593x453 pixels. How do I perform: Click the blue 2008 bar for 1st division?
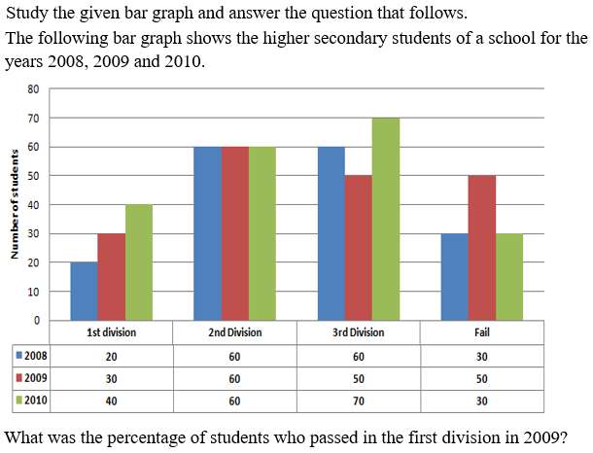(85, 292)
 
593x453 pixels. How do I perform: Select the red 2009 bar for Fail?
(482, 248)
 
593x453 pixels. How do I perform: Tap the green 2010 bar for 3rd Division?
(386, 219)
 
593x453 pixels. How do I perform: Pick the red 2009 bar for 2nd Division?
(235, 233)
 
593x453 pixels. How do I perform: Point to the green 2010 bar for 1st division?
(139, 262)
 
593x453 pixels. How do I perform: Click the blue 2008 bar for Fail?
(455, 277)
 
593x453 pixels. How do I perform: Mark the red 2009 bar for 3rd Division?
(359, 248)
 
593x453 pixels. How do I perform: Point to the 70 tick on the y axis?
(33, 119)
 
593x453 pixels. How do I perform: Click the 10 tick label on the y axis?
(33, 292)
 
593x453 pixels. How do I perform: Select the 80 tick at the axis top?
(33, 89)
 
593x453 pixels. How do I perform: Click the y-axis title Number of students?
(15, 204)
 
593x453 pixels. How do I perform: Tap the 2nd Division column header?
(235, 332)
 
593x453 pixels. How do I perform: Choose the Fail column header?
(482, 332)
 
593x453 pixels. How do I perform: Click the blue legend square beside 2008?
(19, 356)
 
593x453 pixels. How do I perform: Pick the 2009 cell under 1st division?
(111, 378)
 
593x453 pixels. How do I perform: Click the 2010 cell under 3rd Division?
(359, 401)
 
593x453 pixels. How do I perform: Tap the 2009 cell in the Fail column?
(482, 378)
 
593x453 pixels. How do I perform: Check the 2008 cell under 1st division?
(111, 357)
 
